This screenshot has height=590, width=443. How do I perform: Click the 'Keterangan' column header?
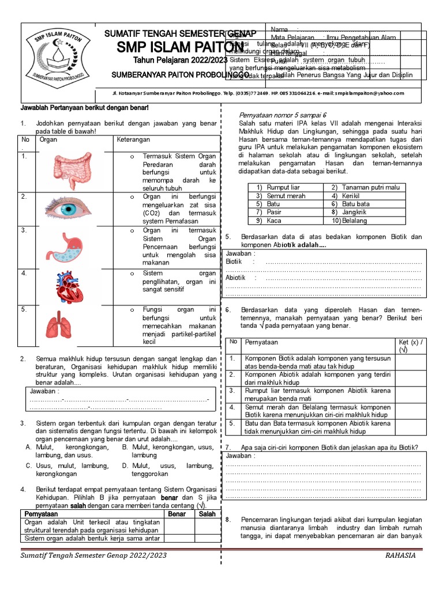(134, 139)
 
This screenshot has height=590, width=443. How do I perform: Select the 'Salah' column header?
(207, 513)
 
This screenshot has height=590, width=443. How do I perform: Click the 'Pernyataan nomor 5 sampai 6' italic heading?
(283, 115)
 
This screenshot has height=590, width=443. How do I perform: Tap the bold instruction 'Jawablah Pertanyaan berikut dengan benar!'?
(85, 108)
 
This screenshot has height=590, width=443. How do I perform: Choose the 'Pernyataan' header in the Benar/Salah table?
(42, 513)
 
